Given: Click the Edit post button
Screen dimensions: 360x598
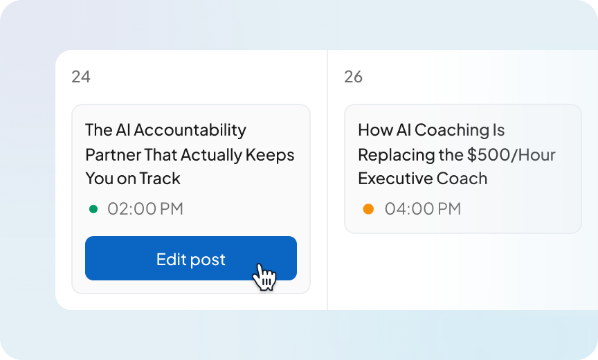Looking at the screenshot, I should pos(190,258).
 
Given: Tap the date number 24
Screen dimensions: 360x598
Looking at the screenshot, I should pos(81,77).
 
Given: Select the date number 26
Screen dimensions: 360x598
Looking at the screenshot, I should pos(353,77).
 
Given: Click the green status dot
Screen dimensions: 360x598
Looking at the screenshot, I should pos(93,208).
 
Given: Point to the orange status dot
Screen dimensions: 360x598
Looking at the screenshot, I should pos(368,208).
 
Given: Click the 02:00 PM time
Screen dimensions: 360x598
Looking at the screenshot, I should pos(145,208).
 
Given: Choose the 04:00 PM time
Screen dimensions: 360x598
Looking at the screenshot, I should pos(422,208).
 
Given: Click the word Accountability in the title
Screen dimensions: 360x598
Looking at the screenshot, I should pos(190,130).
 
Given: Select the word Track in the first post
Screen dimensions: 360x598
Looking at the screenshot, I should pos(160,179).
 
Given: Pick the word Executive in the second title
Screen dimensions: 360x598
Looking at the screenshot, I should pos(395,179).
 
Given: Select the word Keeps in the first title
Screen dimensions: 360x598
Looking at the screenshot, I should pos(271,154).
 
